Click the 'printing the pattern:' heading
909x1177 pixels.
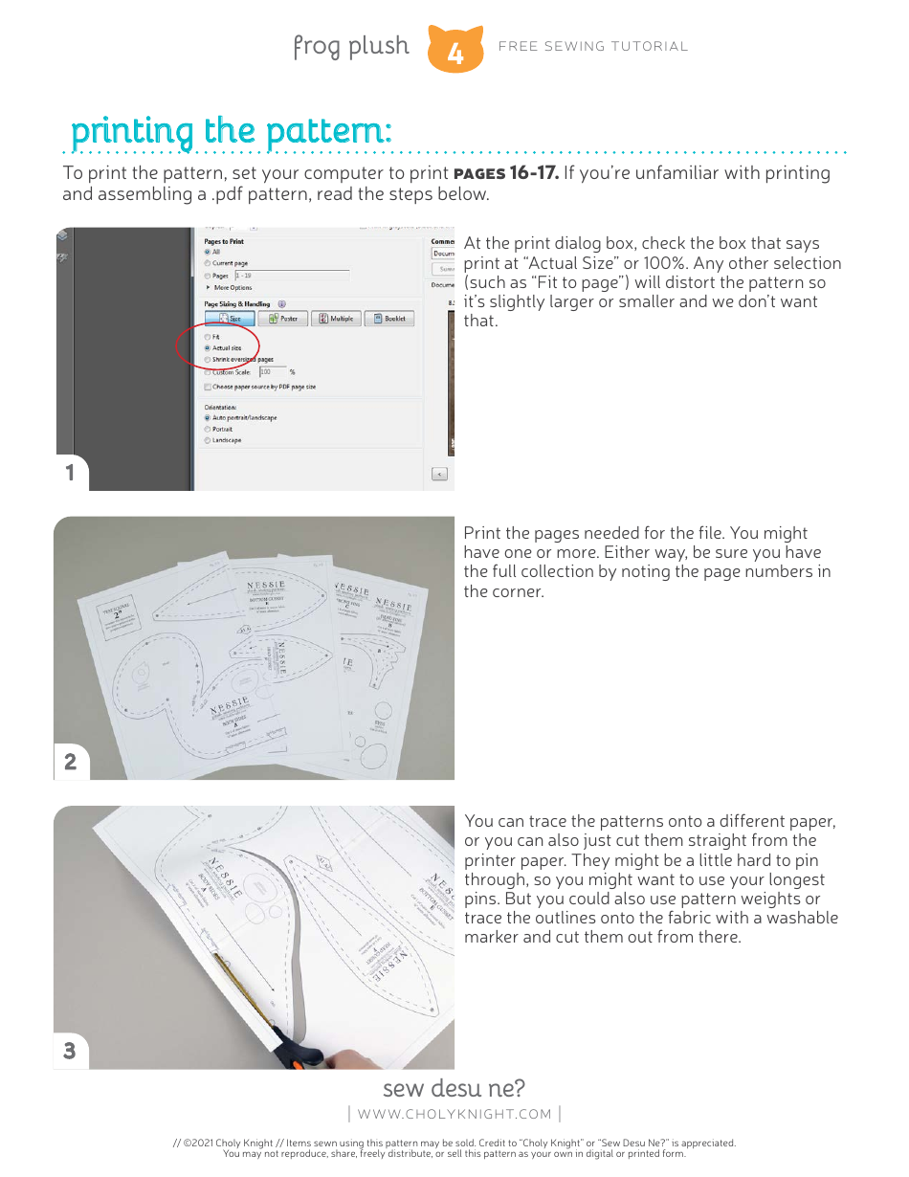point(231,131)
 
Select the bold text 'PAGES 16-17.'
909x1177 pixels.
point(505,173)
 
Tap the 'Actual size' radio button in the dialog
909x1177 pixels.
point(208,348)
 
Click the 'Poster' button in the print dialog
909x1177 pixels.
point(282,319)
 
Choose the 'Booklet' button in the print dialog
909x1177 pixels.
point(388,319)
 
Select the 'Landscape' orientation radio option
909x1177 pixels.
point(208,440)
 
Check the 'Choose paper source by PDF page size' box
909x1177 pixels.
point(208,387)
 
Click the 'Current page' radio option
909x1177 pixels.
point(208,263)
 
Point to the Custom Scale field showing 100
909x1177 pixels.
point(271,371)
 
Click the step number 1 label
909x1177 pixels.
point(70,473)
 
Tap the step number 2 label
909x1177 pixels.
point(70,763)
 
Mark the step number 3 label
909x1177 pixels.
point(70,1051)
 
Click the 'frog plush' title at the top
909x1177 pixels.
point(350,46)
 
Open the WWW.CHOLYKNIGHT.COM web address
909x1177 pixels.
point(454,1114)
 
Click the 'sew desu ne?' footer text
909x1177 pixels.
point(454,1088)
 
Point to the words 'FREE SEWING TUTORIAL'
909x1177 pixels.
point(593,46)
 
